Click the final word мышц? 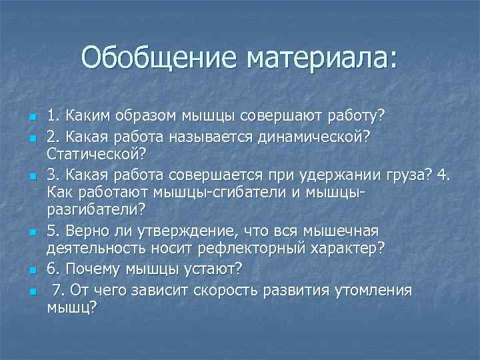pos(71,308)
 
